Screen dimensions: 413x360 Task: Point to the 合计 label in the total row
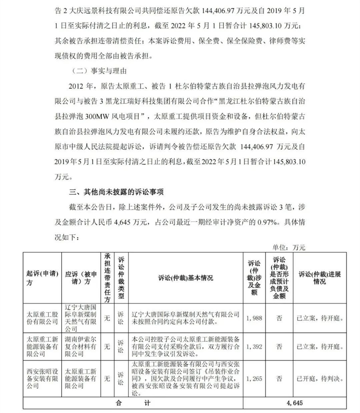[132, 404]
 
